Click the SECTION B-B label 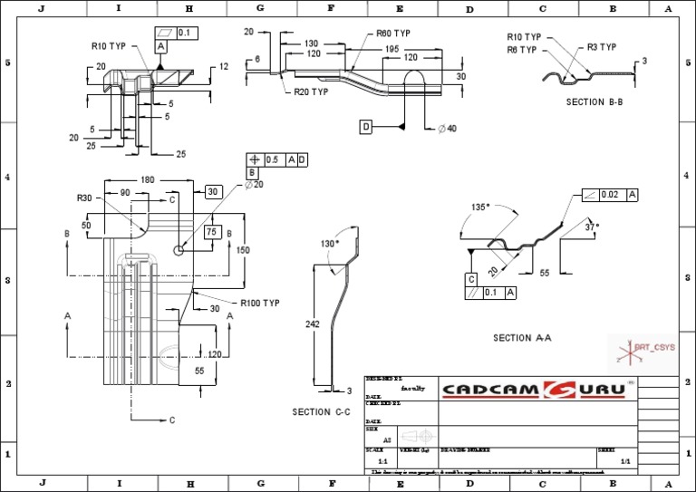click(x=594, y=102)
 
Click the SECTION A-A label click(x=523, y=338)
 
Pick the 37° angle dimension click(x=592, y=227)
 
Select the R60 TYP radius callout click(x=393, y=34)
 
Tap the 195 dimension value click(x=391, y=49)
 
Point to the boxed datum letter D click(x=366, y=126)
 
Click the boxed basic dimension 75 click(x=213, y=232)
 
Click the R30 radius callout click(x=85, y=198)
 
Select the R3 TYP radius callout click(x=602, y=47)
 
